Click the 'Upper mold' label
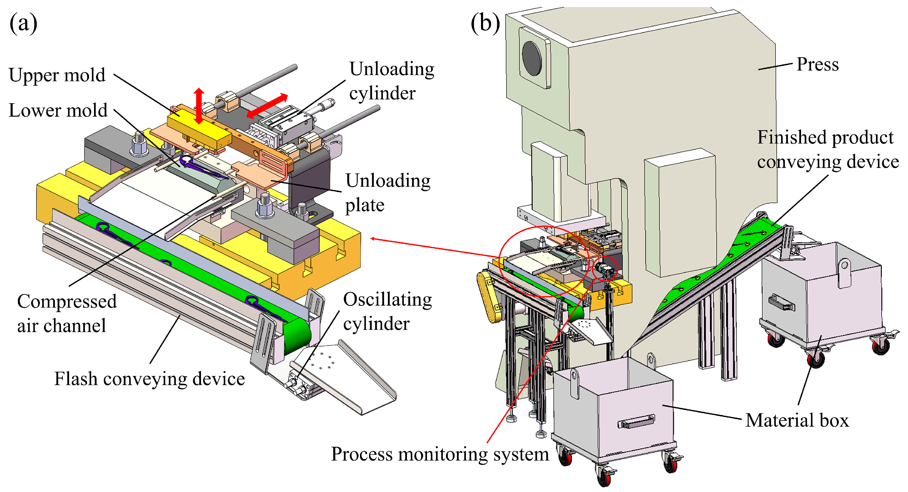click(57, 75)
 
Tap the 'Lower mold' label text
click(58, 110)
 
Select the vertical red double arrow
click(199, 106)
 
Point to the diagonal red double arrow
click(267, 106)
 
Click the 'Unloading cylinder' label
click(391, 81)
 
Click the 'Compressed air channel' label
click(67, 313)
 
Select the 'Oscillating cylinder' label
click(387, 311)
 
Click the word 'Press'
click(817, 64)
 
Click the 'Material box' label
click(797, 421)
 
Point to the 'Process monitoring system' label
click(440, 454)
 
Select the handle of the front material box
click(636, 421)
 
